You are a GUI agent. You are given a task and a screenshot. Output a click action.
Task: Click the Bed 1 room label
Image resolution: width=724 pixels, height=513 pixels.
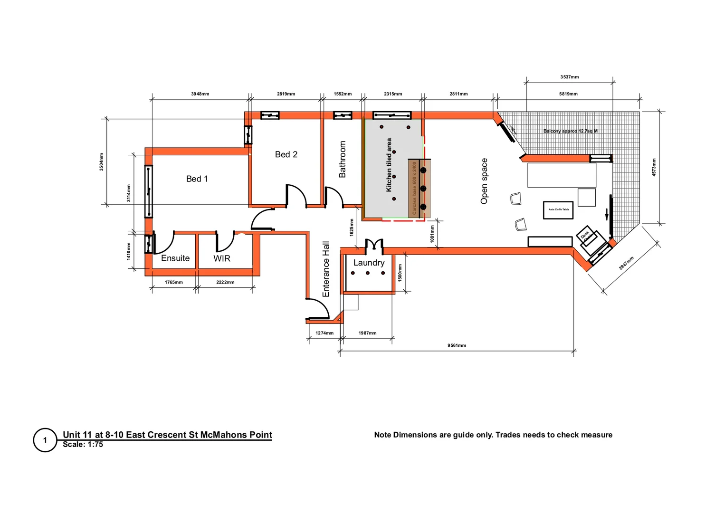tap(197, 179)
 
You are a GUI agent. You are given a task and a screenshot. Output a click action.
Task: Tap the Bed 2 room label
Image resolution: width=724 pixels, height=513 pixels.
tap(286, 154)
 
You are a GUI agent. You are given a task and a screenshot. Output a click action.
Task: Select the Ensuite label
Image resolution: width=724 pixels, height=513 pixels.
tap(175, 258)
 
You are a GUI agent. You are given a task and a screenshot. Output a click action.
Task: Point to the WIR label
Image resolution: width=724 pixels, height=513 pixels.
tap(222, 259)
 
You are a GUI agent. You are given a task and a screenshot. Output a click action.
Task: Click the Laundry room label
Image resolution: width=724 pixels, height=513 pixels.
tap(369, 263)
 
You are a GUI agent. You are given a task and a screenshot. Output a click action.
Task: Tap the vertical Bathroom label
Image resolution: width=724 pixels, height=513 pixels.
tap(343, 159)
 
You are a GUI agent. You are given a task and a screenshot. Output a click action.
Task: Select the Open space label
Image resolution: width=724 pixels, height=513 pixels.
tap(484, 181)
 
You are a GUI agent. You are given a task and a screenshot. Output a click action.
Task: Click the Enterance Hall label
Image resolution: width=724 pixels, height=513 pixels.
tap(326, 269)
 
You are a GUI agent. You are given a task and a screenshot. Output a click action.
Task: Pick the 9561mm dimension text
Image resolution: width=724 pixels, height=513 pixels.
tap(457, 345)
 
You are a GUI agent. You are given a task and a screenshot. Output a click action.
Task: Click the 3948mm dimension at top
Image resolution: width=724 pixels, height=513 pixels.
tap(200, 94)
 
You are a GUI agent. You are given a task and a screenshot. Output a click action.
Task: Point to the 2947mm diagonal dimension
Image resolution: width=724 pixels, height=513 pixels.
tap(626, 263)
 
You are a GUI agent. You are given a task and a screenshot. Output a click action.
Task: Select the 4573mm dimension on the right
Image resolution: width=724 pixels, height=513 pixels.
tap(654, 167)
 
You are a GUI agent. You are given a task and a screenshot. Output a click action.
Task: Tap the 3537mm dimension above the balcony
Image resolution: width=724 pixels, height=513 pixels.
tap(569, 77)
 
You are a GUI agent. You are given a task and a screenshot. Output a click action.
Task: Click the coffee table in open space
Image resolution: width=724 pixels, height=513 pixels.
tap(558, 210)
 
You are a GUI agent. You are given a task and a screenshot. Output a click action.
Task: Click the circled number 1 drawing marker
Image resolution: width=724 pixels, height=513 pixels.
tap(45, 440)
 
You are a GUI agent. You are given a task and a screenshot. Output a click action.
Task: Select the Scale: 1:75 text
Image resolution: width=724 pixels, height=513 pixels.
tap(83, 445)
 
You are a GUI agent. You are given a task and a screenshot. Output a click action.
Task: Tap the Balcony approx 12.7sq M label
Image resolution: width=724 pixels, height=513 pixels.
tap(570, 131)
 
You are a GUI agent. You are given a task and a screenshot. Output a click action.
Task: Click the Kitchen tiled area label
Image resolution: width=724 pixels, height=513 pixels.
tap(389, 165)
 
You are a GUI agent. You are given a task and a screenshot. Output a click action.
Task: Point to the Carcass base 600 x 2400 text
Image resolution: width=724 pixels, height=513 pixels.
tap(414, 188)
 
